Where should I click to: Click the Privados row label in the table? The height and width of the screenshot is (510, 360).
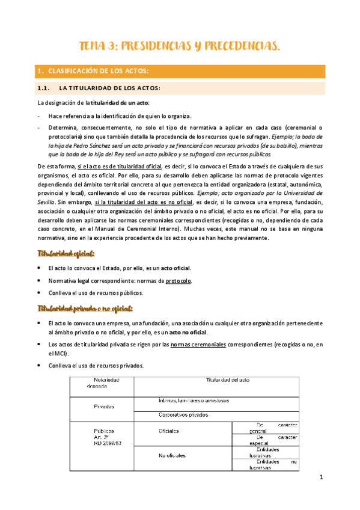click(x=103, y=406)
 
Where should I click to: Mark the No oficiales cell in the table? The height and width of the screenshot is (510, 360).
click(x=172, y=456)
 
